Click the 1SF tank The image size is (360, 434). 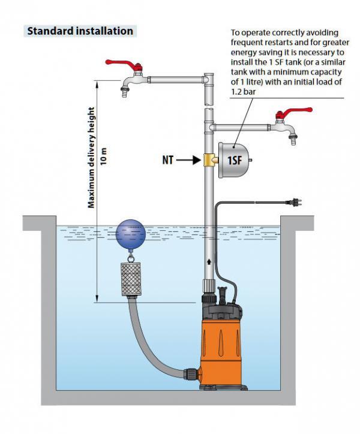(x=233, y=159)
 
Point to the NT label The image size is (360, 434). (x=170, y=161)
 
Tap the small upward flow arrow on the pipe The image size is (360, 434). (x=208, y=261)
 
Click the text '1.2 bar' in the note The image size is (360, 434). (x=243, y=92)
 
